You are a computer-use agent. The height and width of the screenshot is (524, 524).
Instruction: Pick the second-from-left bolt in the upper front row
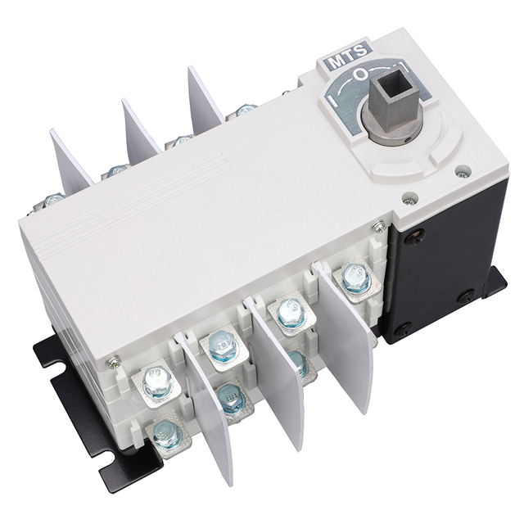pyautogui.click(x=220, y=342)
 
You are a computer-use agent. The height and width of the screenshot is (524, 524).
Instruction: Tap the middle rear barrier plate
pyautogui.click(x=140, y=131)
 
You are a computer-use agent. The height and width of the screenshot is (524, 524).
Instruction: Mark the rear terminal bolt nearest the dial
pyautogui.click(x=244, y=111)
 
